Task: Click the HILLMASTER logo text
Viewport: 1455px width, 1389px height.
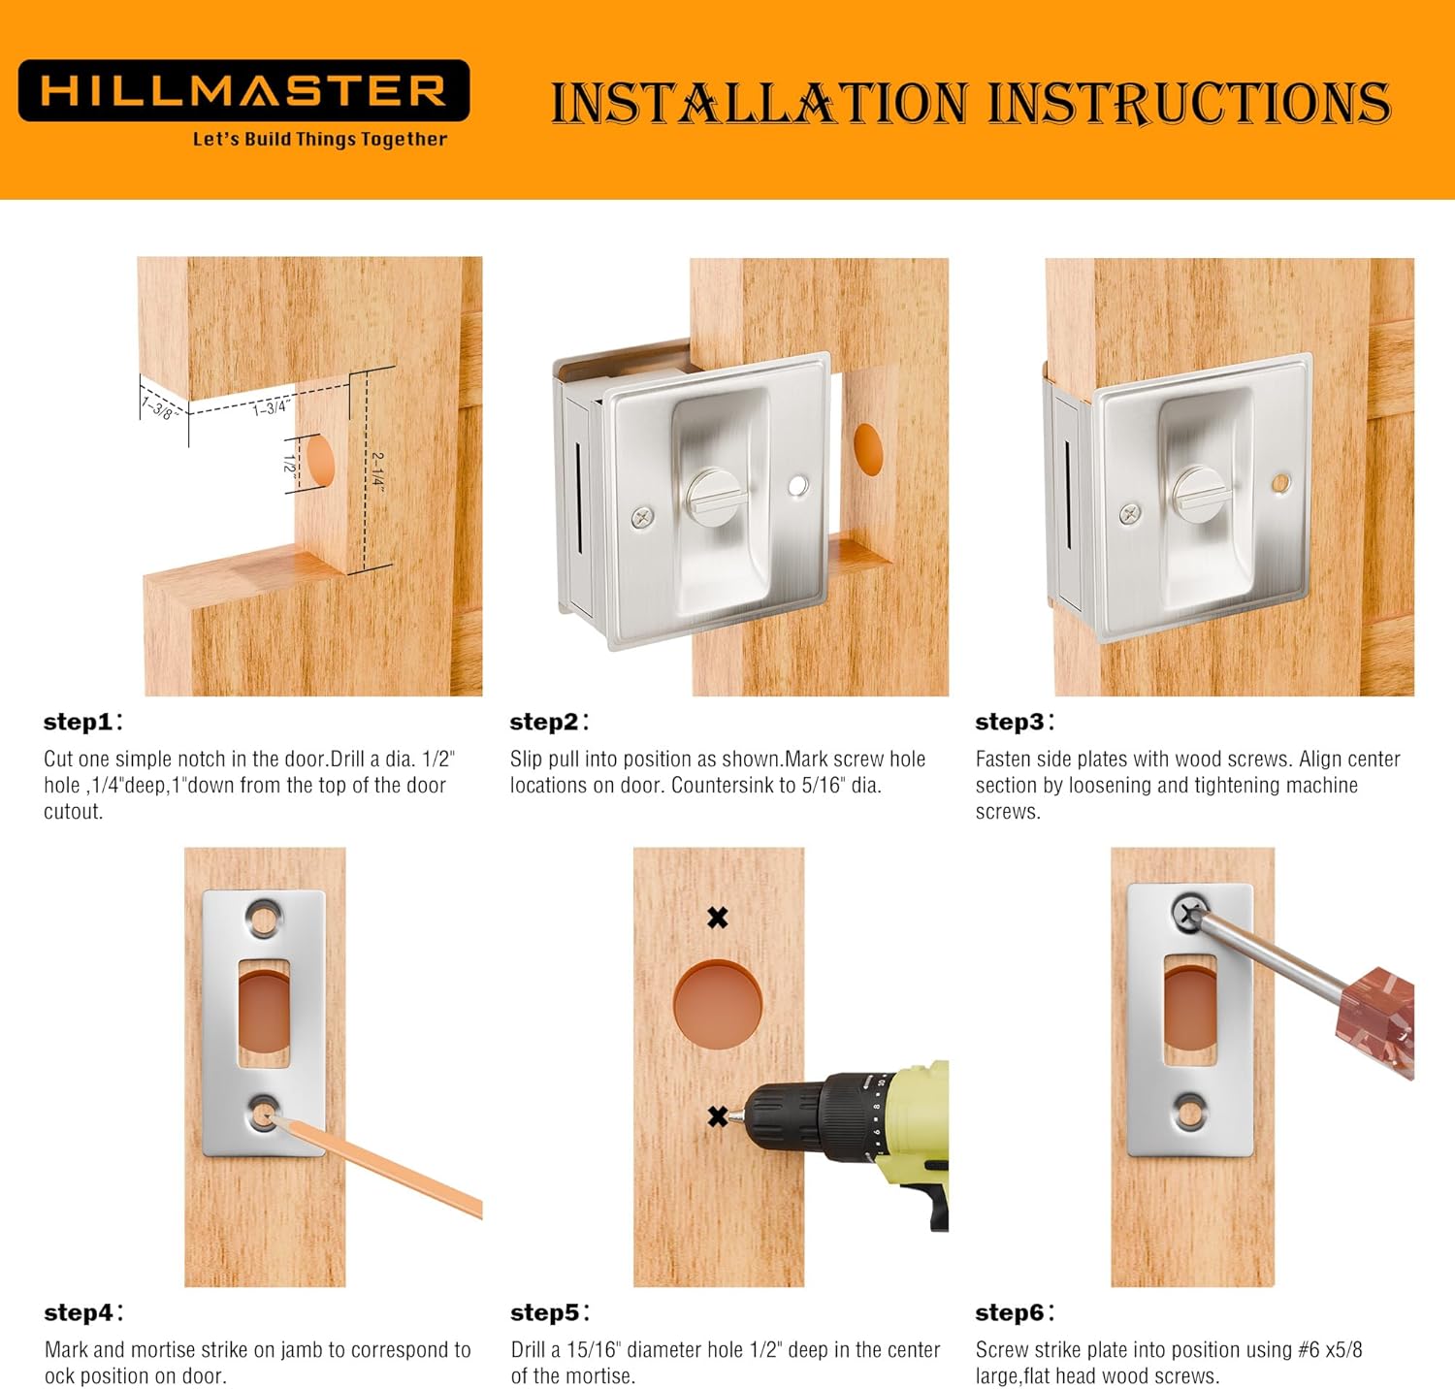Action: [x=243, y=91]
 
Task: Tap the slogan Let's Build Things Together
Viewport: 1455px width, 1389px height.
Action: [x=320, y=139]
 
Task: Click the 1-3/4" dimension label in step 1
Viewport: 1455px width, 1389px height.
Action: [x=271, y=406]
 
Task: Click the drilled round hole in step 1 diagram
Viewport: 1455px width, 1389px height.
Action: [x=317, y=462]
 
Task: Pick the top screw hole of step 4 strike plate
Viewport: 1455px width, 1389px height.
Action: [x=263, y=918]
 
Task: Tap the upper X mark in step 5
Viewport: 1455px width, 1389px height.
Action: [x=718, y=917]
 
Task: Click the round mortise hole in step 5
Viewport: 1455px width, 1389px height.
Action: [x=718, y=1004]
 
